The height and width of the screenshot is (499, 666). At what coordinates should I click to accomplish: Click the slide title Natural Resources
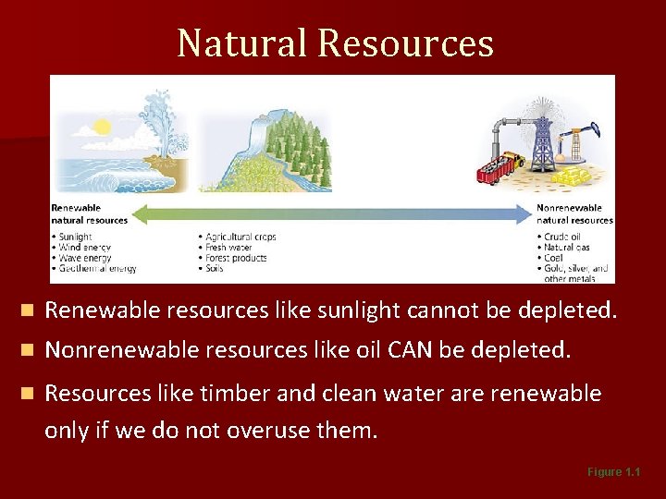335,43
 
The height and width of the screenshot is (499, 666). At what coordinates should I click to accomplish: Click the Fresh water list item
228,248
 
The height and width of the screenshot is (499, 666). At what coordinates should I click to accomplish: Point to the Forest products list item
236,258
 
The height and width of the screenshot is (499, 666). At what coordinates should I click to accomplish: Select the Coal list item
554,259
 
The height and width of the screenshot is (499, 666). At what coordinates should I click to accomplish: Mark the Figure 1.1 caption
613,472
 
